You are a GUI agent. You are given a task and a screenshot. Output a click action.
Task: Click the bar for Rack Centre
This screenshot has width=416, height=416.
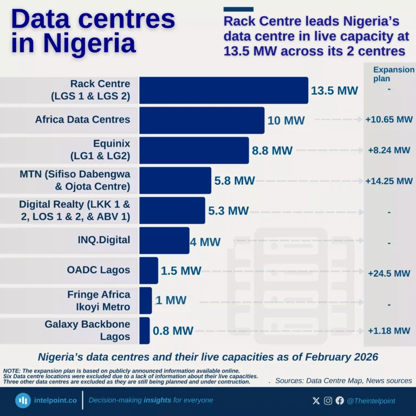224,90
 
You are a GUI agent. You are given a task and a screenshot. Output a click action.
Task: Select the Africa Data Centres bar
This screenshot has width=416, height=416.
201,120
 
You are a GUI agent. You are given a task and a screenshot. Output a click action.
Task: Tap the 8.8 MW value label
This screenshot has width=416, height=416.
272,151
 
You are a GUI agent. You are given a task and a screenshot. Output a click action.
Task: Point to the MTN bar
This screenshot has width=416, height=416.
175,180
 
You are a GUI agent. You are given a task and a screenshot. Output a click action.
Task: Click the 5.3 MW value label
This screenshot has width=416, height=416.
228,211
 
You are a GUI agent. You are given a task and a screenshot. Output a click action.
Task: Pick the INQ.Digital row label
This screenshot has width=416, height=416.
104,239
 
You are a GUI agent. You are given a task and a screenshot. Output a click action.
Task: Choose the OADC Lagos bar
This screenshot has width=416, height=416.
148,270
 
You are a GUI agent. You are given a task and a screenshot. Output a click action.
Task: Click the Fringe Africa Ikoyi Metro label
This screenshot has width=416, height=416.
99,301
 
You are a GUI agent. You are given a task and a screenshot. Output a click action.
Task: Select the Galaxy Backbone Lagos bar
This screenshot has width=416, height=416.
144,330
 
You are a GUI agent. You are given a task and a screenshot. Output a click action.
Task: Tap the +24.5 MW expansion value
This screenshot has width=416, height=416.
389,274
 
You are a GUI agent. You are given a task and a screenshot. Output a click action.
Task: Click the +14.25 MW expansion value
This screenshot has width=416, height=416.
389,181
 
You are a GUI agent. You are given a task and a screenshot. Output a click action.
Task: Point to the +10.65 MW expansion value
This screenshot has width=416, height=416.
389,120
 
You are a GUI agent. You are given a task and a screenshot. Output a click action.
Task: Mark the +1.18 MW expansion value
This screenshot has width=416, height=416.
389,330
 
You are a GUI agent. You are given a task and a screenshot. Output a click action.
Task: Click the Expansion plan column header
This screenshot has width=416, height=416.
389,74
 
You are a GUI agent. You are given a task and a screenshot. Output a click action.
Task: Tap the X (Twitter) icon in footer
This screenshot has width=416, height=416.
316,401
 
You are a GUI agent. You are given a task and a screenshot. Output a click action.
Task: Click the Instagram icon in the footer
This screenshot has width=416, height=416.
328,401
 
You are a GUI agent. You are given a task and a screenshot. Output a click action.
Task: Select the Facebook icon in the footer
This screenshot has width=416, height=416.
340,401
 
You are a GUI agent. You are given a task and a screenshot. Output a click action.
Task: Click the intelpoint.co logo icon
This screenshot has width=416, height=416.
23,401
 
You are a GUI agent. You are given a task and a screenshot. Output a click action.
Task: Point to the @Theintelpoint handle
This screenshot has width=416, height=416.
371,401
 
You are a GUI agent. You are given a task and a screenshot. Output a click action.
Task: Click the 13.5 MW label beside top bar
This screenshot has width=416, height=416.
334,90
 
